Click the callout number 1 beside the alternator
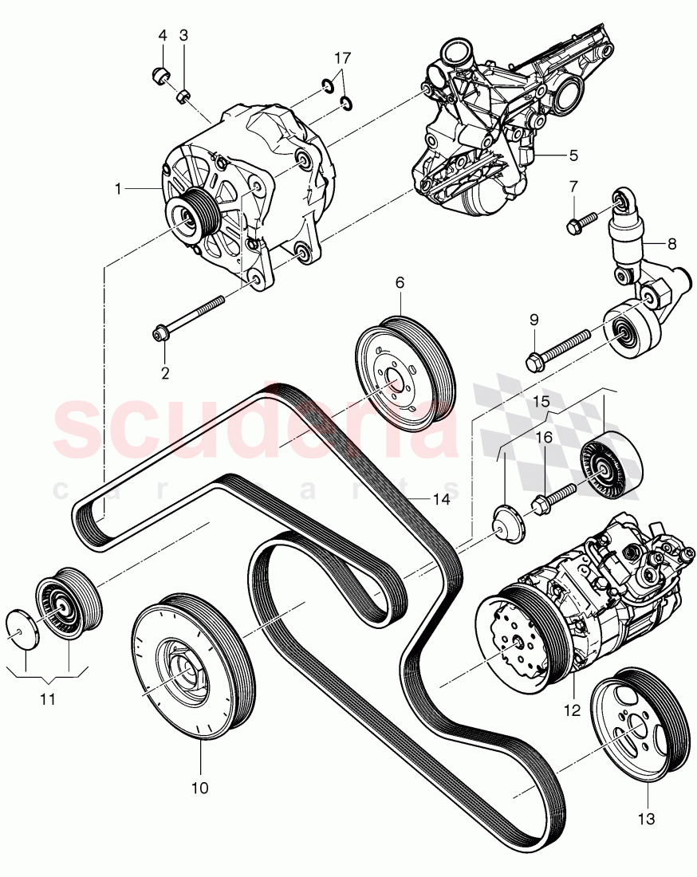pos(118,189)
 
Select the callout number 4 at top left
pos(163,36)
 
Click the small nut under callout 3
pos(183,97)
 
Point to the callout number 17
pos(341,58)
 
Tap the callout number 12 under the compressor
pos(573,706)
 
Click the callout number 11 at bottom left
pos(49,700)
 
